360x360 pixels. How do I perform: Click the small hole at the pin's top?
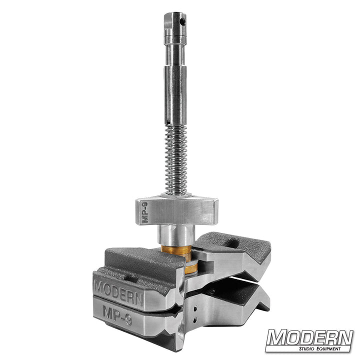183,21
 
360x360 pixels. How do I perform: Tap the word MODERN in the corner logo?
309,337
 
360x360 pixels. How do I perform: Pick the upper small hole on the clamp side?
195,310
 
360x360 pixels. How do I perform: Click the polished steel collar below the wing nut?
176,235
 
